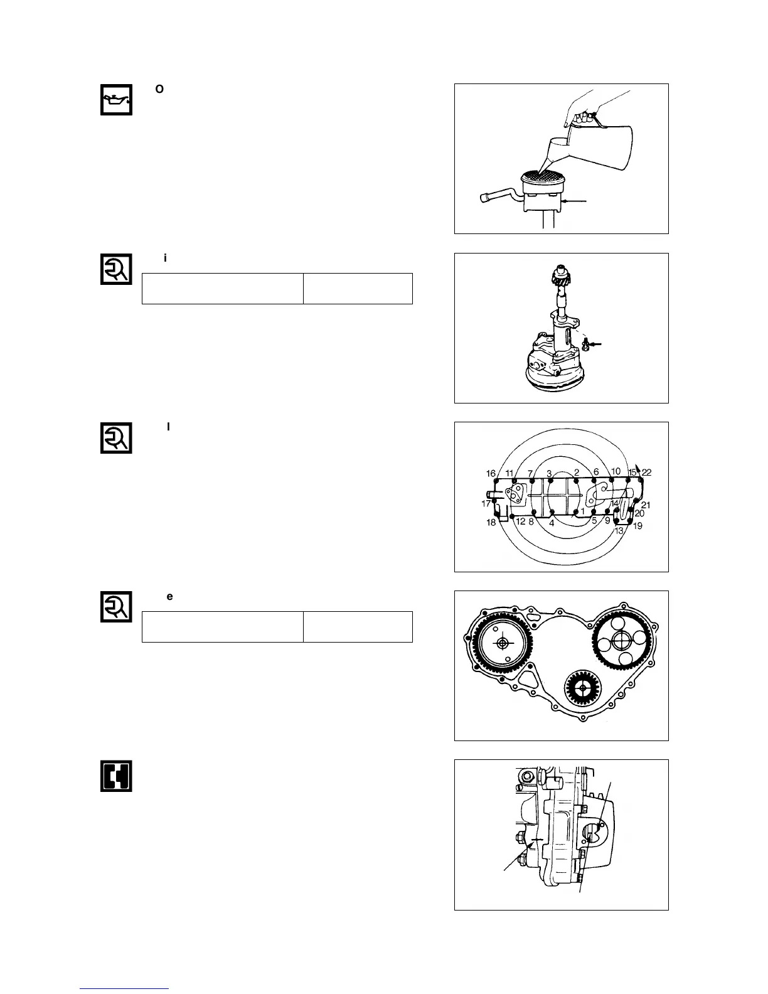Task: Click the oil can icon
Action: click(x=116, y=99)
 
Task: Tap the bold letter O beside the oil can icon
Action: click(x=159, y=90)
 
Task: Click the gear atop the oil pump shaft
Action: click(x=558, y=277)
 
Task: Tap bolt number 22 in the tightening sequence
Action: click(x=647, y=473)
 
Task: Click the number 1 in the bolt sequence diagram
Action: click(x=582, y=511)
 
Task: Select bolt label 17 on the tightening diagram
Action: click(x=486, y=503)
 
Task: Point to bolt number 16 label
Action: click(x=491, y=474)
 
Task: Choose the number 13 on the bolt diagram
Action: click(x=619, y=530)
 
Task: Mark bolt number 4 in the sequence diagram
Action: click(x=552, y=523)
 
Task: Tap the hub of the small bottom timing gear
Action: click(x=583, y=688)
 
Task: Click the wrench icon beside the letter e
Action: click(x=116, y=606)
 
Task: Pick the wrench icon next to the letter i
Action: click(x=116, y=269)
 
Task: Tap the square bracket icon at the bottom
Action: click(x=116, y=776)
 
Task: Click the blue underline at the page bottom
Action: click(x=124, y=988)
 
